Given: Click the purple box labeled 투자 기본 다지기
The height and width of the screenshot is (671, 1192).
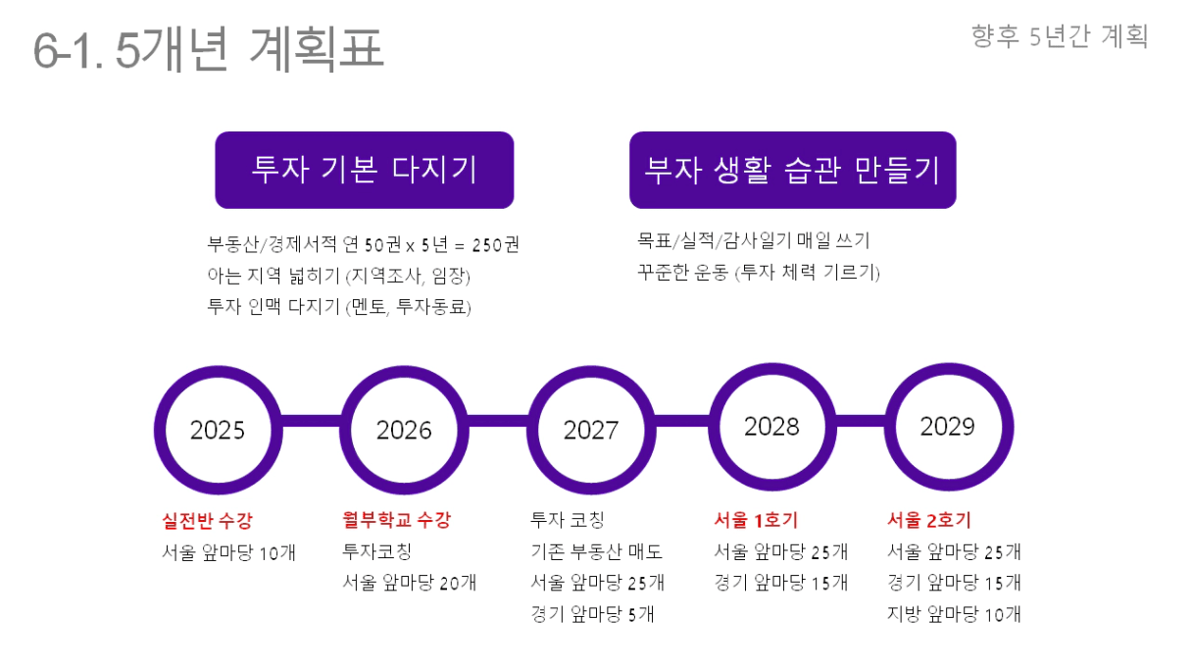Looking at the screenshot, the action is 365,170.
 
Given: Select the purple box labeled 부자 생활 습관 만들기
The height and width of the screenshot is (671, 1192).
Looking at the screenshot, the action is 793,170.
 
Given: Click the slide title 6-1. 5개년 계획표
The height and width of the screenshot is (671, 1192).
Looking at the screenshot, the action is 209,49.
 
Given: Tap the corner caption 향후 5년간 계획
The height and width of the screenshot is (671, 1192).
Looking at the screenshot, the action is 1060,36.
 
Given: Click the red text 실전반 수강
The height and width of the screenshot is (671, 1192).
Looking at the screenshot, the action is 207,521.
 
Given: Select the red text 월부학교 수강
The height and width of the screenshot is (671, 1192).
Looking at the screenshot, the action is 396,520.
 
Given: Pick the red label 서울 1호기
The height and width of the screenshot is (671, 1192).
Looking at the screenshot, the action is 756,520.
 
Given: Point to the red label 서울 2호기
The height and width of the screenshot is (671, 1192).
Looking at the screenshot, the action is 929,520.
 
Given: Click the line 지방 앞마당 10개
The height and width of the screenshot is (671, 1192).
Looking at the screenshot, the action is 954,614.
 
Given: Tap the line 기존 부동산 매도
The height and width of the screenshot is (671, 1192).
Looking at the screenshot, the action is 597,551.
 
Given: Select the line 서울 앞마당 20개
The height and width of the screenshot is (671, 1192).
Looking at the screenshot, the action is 409,583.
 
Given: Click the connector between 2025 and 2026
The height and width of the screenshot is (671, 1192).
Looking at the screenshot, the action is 312,421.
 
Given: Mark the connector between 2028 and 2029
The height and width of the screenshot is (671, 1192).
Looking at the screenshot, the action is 861,421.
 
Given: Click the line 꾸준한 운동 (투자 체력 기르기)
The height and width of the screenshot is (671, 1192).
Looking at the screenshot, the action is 759,272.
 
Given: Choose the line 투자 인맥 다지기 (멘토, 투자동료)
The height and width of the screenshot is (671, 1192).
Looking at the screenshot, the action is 339,307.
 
